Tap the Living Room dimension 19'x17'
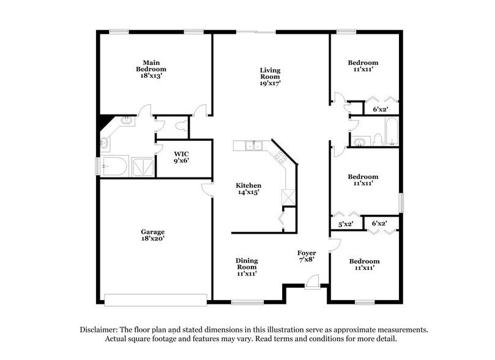click(270, 83)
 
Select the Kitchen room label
click(249, 186)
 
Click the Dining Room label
click(246, 263)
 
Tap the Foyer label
click(306, 253)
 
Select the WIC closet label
click(181, 154)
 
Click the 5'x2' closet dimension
click(346, 225)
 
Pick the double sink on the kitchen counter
click(251, 146)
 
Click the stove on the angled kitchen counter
click(280, 158)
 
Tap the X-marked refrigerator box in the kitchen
click(288, 198)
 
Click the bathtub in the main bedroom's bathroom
click(114, 165)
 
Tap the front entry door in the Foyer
click(312, 282)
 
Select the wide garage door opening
click(156, 299)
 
